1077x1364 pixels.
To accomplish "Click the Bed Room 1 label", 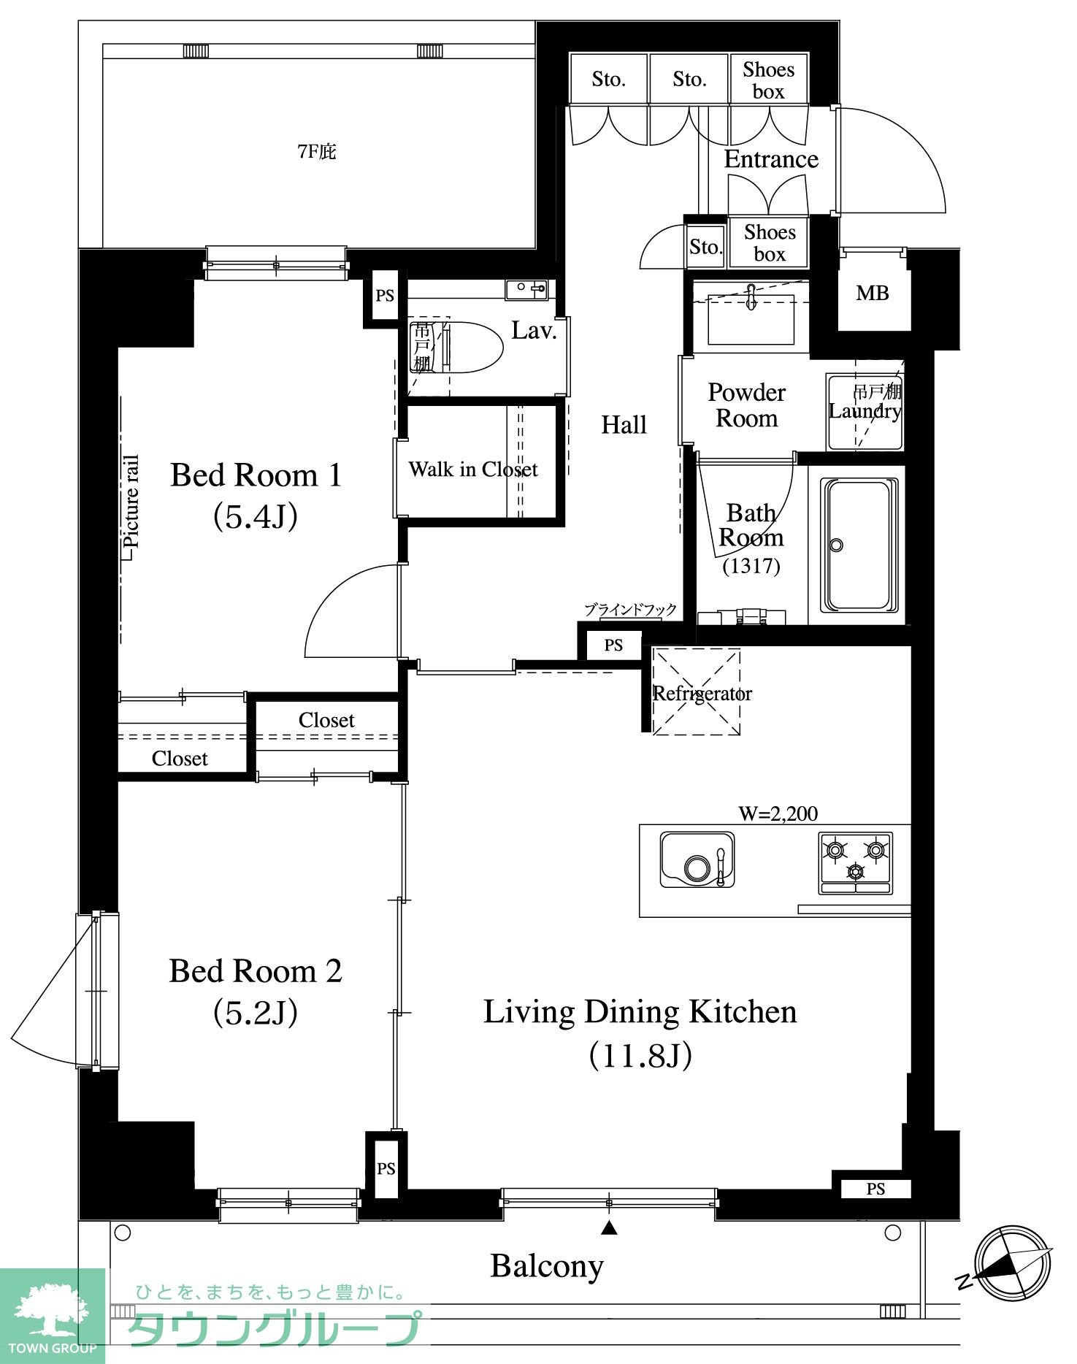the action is (256, 475).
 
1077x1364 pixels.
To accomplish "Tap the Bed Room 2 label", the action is (256, 971).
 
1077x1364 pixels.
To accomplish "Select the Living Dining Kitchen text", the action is (640, 1012).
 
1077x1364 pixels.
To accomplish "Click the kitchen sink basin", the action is (697, 859).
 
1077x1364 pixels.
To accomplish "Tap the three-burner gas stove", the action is (855, 862).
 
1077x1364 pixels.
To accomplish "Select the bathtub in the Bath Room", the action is (859, 545).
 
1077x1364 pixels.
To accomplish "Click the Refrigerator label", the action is (702, 693).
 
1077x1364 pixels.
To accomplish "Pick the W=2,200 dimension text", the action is (778, 813).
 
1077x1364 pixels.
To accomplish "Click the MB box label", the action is (873, 294).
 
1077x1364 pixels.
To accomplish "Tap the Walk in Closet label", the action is (472, 469).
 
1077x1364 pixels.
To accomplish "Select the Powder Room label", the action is (746, 405).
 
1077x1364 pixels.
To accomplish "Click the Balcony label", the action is (547, 1265).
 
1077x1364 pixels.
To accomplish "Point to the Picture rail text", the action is (131, 502).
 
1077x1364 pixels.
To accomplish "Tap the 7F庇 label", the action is (317, 152).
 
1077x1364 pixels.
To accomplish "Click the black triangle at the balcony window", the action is (609, 1228).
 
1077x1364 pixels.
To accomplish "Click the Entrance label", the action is (771, 159).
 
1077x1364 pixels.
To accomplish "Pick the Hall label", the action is (624, 424).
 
